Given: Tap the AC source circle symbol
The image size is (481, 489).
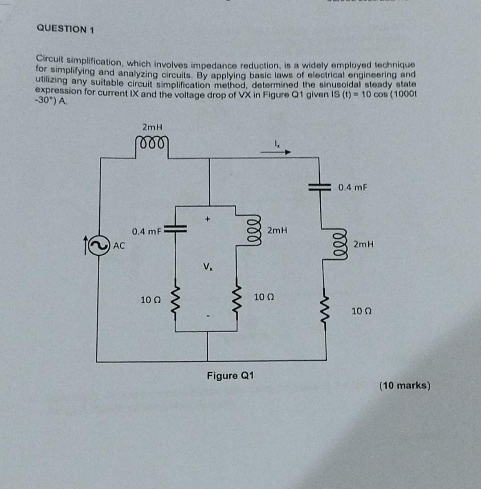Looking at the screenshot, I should pyautogui.click(x=99, y=244).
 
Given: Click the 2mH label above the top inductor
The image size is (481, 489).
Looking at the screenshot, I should pyautogui.click(x=152, y=127).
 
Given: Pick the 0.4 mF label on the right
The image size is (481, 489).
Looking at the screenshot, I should pyautogui.click(x=353, y=187).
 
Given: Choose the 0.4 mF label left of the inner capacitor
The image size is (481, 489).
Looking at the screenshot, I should pyautogui.click(x=146, y=232).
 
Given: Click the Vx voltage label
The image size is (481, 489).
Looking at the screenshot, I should pyautogui.click(x=207, y=267).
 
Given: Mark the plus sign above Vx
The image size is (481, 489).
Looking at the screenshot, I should pyautogui.click(x=207, y=219).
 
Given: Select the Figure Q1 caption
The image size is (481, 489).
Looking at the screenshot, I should pyautogui.click(x=230, y=375).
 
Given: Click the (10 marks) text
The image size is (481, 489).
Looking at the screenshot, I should pyautogui.click(x=404, y=386).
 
